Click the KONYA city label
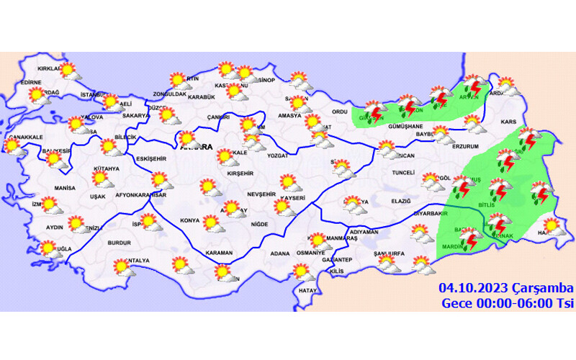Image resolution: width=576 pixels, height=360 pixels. pos(190,220)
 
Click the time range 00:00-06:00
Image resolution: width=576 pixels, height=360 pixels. pos(512,303)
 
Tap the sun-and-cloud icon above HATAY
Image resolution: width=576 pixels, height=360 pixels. pos(301,273)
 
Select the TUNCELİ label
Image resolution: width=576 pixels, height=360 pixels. pos(401,173)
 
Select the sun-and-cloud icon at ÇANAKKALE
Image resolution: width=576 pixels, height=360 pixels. pos(13,147)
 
